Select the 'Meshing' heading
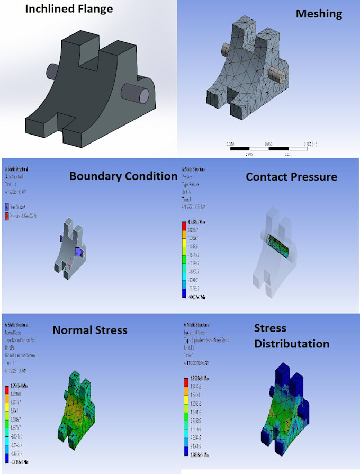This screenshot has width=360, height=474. click(318, 14)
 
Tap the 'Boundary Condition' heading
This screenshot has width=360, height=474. click(123, 176)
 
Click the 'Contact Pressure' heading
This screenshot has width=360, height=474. click(291, 176)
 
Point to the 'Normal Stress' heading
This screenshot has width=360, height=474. click(90, 330)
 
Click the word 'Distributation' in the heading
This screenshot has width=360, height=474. click(291, 344)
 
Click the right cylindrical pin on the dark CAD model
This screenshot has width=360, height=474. click(136, 94)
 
